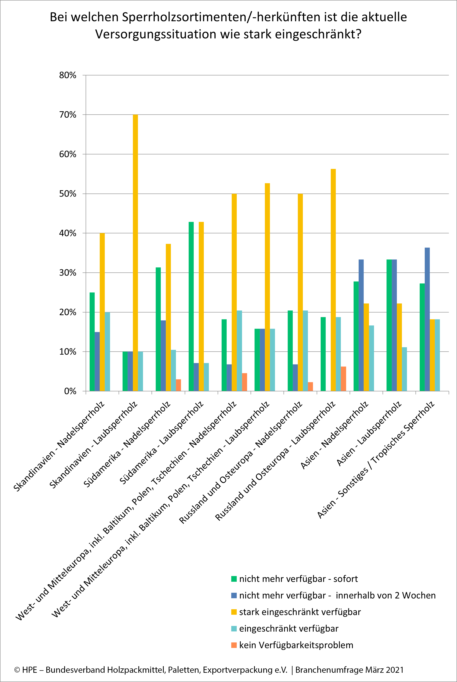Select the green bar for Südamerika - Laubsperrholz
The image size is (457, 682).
click(191, 306)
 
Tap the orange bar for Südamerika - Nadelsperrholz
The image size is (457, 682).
click(178, 385)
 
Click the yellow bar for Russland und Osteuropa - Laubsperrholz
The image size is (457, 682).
click(333, 280)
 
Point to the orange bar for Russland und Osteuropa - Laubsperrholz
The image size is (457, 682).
click(344, 379)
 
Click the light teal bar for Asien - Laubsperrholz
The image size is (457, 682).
click(404, 369)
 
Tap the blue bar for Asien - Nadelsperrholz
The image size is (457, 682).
click(361, 325)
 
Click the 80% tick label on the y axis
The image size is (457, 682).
click(68, 75)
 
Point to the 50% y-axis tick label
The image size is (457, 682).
click(68, 194)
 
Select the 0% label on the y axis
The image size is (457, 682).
click(70, 391)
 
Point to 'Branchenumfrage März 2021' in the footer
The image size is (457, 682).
click(349, 670)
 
